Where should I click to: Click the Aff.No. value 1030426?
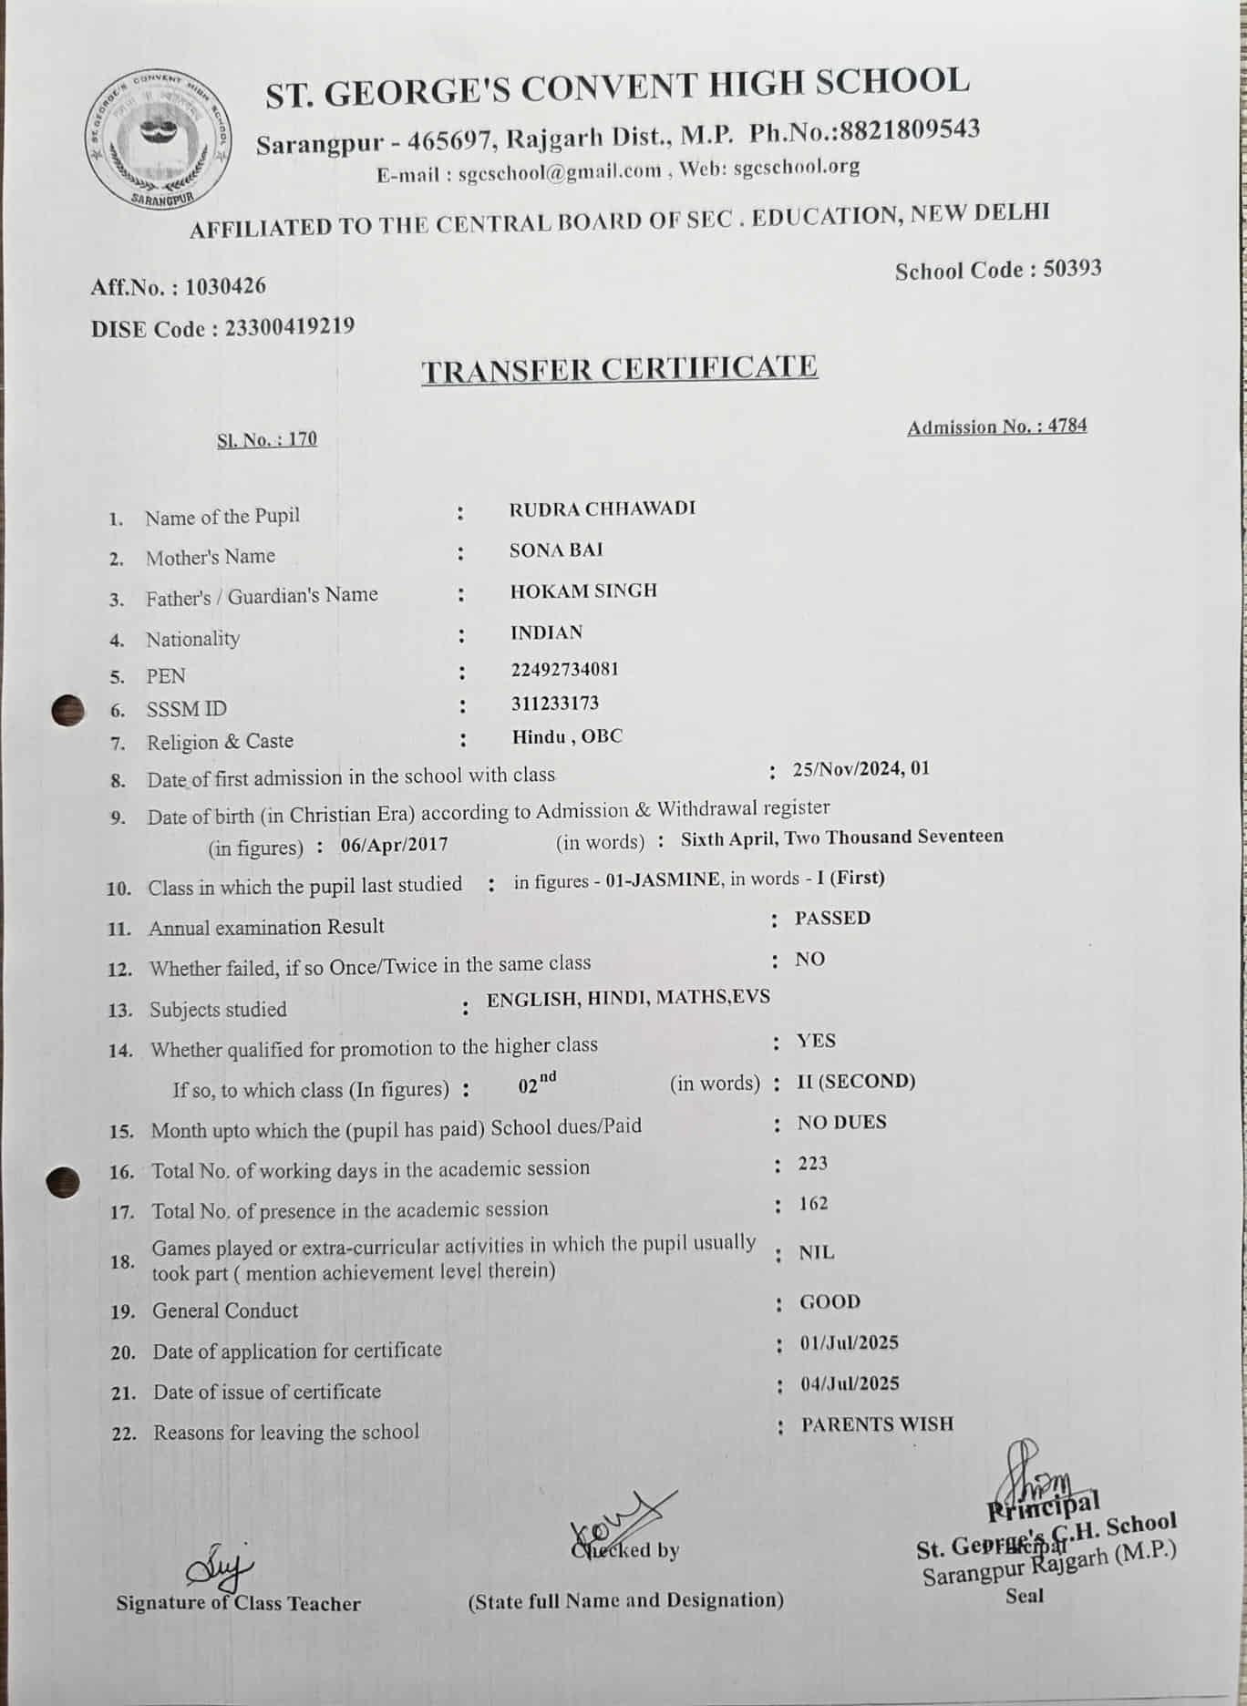click(225, 286)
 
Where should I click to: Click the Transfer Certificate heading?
click(619, 369)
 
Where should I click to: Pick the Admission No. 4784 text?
click(996, 426)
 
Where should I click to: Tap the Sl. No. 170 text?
click(267, 439)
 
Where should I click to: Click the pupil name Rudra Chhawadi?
click(602, 509)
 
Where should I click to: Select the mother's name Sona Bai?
click(556, 550)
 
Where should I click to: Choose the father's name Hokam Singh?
click(583, 591)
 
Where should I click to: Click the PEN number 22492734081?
click(564, 669)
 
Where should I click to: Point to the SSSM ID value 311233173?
click(555, 703)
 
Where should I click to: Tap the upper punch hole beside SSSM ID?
click(67, 709)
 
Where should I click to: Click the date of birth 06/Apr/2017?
click(394, 844)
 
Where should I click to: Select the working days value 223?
click(812, 1163)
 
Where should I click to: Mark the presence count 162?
click(813, 1204)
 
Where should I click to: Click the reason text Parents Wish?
click(877, 1423)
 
